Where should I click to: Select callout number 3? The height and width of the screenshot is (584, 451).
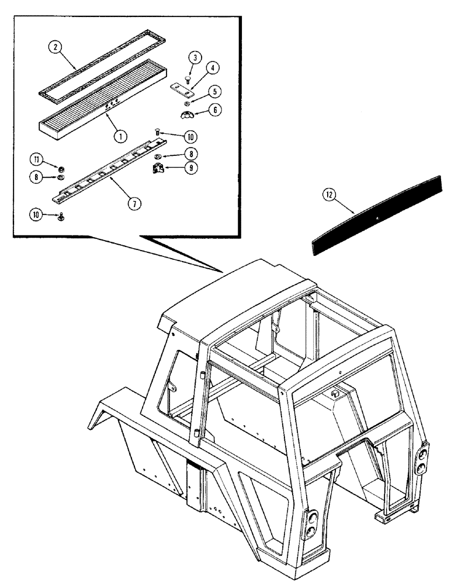pos(195,57)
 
